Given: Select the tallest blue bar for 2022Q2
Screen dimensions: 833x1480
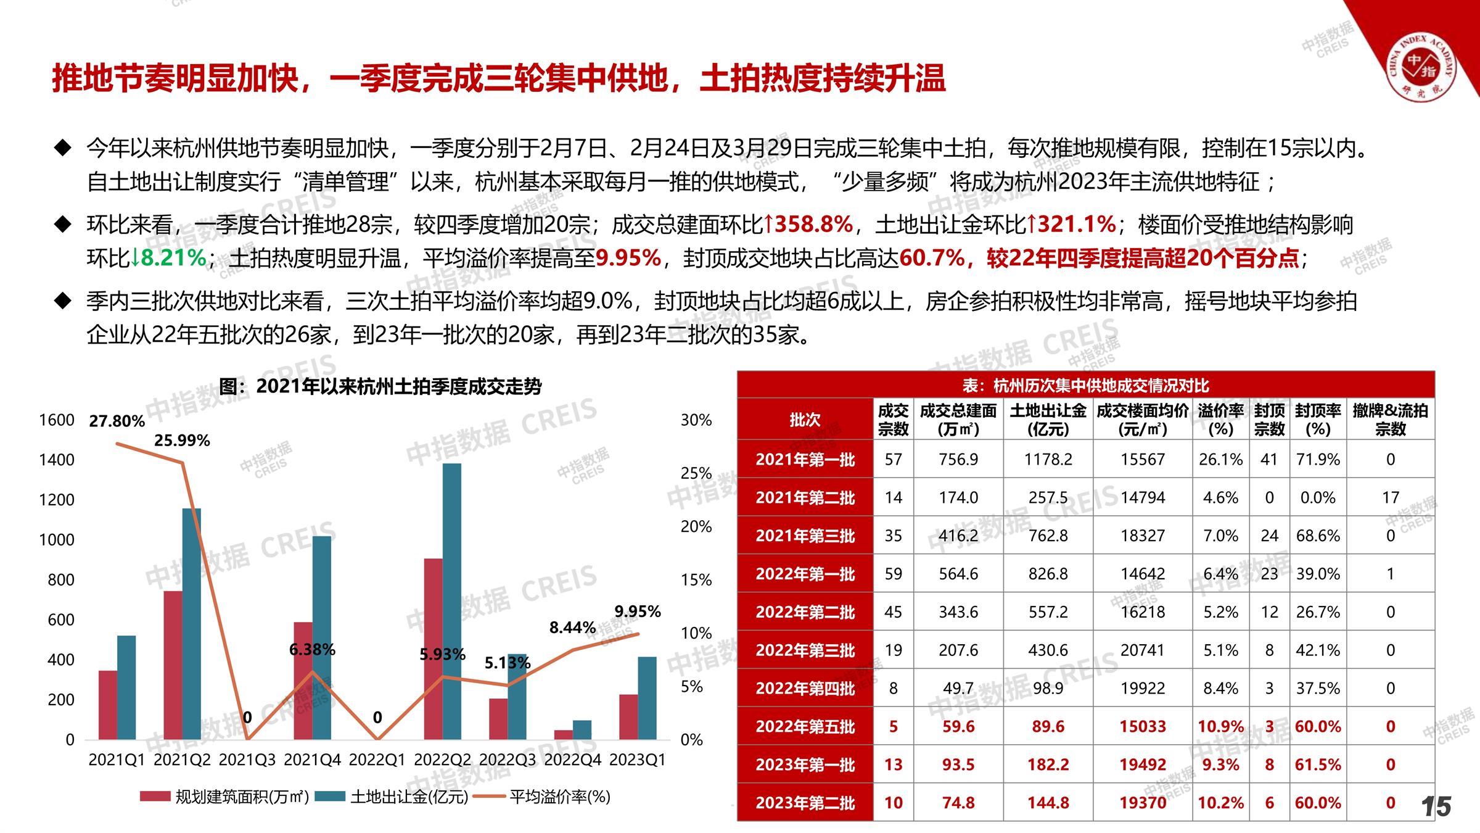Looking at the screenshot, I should pos(451,601).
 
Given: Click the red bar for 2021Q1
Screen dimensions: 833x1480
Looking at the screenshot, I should pos(108,705).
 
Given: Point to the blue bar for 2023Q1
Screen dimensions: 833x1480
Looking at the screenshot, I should pos(647,698).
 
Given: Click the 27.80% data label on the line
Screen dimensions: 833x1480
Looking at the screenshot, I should pos(117,421).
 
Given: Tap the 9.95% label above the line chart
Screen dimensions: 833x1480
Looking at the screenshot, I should pos(637,611).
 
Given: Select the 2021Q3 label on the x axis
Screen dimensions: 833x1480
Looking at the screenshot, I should pos(247,760).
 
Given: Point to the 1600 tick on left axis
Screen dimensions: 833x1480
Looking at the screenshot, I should pos(57,420).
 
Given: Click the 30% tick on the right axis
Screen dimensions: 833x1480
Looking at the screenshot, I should pos(696,420).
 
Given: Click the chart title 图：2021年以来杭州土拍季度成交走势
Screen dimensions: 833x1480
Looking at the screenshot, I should pos(380,387).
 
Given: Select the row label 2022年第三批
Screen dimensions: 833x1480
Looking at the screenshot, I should pos(805,650).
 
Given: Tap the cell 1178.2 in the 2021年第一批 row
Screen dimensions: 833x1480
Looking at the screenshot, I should pos(1048,459).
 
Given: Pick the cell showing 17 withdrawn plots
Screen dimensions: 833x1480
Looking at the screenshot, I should pos(1390,497).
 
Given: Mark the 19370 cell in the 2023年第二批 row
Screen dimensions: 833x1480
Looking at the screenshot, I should pos(1142,803).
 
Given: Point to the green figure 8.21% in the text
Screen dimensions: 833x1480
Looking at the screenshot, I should pos(173,258).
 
